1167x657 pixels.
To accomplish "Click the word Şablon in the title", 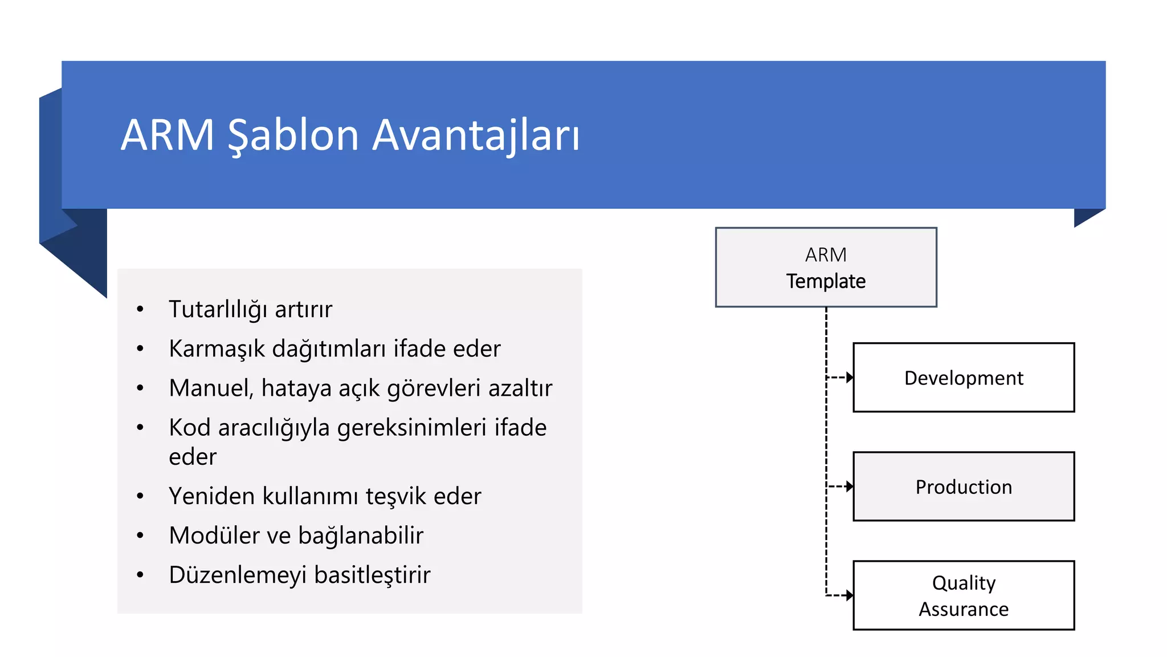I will [x=293, y=135].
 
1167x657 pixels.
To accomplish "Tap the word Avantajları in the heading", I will [x=476, y=135].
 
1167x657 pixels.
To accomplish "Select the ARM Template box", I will [x=826, y=267].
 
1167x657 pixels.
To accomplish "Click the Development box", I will [x=964, y=378].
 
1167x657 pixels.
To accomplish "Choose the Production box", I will [x=964, y=486].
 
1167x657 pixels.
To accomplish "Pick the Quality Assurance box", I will [x=964, y=595].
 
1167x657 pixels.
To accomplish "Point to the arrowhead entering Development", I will [x=850, y=377].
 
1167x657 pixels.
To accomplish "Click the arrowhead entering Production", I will [x=850, y=486].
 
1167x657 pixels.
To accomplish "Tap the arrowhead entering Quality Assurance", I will [x=850, y=595].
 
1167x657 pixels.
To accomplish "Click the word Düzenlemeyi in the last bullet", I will [x=238, y=575].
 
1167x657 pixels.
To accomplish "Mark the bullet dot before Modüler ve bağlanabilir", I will [x=140, y=536].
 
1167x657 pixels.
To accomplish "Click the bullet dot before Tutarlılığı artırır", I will [x=140, y=310].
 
